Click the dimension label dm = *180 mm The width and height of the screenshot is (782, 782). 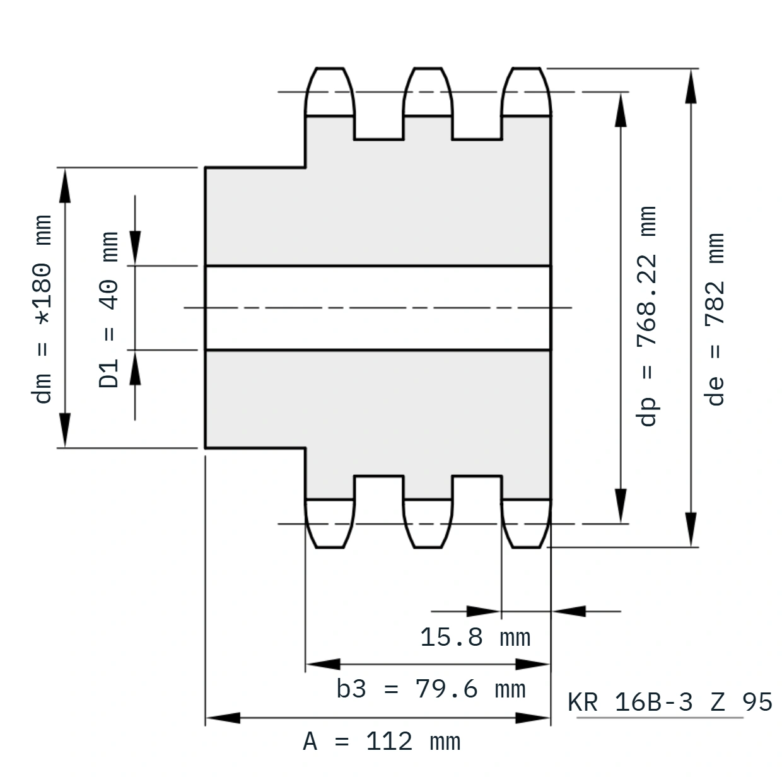click(42, 309)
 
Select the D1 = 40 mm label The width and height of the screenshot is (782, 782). click(108, 310)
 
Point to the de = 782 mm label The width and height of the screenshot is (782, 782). click(715, 319)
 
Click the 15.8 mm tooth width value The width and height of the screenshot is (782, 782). click(476, 637)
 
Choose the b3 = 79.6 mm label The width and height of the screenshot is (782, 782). click(431, 689)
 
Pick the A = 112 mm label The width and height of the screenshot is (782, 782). click(382, 742)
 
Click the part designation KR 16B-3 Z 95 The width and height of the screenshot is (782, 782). click(670, 702)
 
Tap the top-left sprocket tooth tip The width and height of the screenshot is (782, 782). click(330, 68)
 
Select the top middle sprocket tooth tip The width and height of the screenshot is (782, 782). click(428, 68)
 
